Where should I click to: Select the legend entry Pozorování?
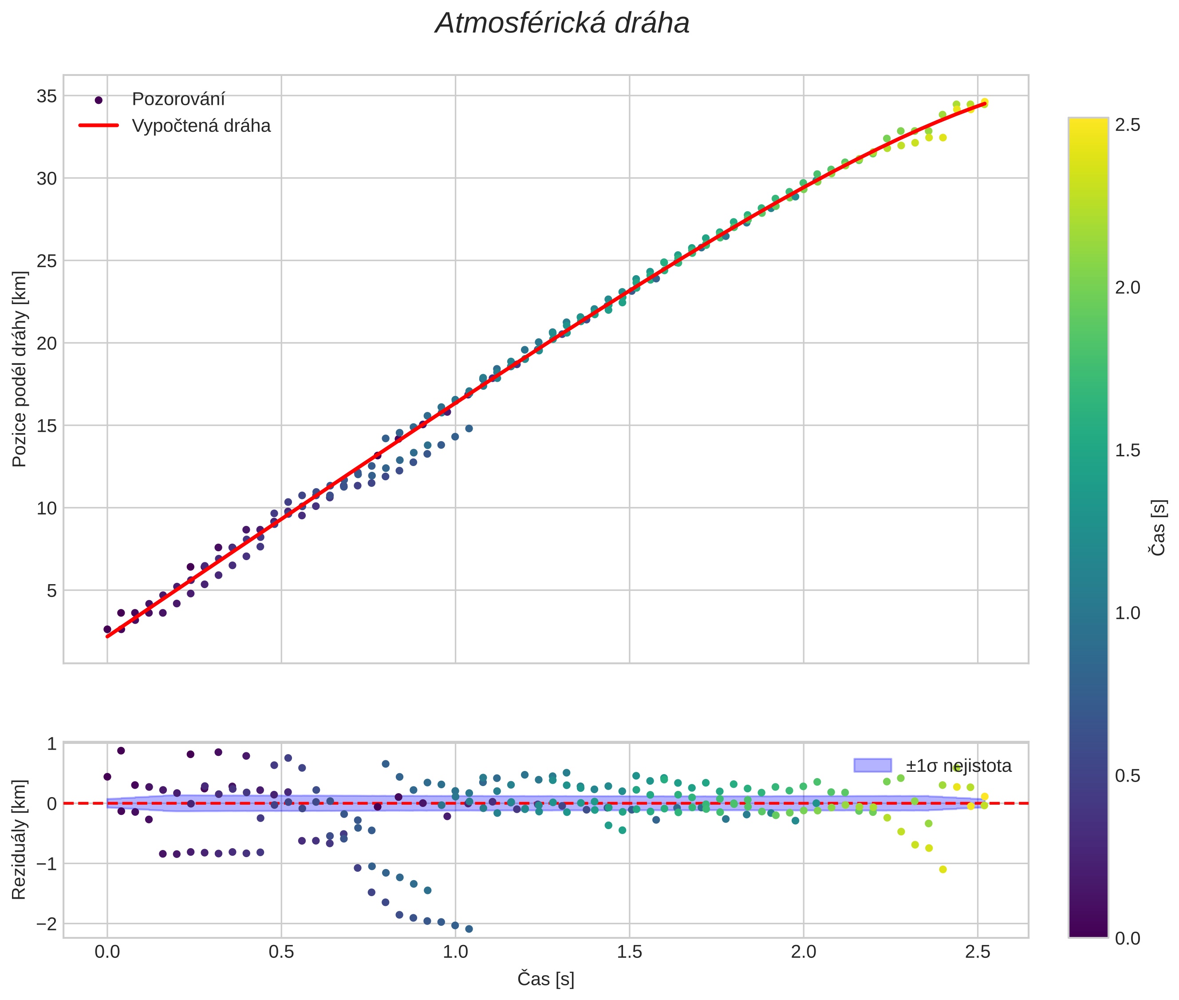178,99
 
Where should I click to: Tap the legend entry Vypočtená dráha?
201,126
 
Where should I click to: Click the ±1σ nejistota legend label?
958,766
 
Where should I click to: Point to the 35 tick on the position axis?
47,96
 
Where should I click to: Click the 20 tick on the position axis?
47,344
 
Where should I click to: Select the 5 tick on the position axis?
51,591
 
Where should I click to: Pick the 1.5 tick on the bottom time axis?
629,952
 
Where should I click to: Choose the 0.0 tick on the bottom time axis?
107,952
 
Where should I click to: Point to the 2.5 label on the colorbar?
1128,125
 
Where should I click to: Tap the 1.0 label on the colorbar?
1128,613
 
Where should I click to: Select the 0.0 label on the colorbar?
1128,938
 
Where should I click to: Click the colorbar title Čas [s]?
1159,528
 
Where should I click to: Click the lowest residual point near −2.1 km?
469,929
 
